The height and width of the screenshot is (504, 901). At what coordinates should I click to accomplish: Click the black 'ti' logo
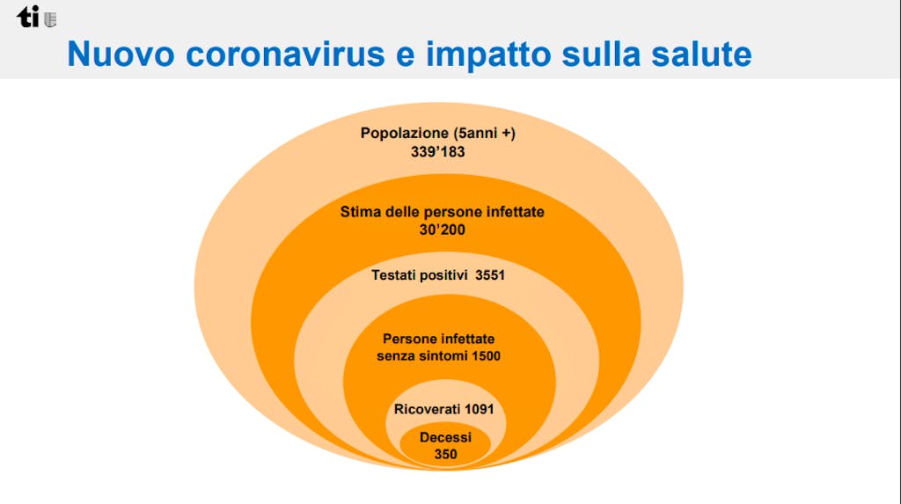click(27, 18)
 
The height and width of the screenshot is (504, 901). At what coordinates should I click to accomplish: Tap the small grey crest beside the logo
click(50, 20)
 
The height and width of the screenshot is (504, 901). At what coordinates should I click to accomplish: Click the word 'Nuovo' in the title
click(121, 54)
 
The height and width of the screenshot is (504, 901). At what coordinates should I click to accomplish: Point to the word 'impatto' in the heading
click(488, 54)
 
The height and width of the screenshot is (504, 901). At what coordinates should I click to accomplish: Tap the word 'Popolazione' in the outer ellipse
click(405, 133)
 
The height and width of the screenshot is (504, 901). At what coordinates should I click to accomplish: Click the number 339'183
click(438, 151)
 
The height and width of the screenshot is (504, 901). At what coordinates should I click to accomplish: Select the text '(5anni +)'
click(485, 133)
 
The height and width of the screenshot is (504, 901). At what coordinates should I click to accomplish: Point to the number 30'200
click(442, 230)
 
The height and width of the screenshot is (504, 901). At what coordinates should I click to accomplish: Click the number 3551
click(490, 274)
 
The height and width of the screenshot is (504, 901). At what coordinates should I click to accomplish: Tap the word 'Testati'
click(394, 274)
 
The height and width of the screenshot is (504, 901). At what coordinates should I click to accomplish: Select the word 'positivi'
click(444, 275)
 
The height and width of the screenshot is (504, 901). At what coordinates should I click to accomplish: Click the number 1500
click(486, 355)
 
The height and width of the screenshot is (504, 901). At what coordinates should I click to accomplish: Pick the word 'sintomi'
click(443, 355)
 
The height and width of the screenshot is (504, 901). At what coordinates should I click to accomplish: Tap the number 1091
click(480, 409)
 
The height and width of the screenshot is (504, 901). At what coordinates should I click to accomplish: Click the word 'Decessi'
click(445, 437)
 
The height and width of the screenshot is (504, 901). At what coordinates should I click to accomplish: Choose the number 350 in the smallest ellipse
click(445, 454)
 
